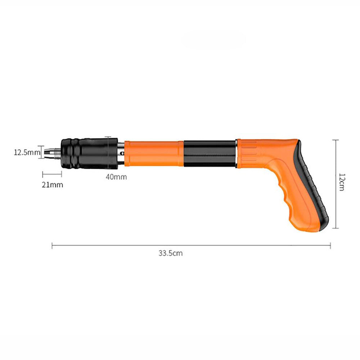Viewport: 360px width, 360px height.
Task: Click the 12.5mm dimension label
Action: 27,152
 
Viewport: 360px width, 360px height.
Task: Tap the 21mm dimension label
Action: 52,185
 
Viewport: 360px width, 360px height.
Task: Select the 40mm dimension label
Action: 116,177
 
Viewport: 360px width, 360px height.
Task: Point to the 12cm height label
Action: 342,182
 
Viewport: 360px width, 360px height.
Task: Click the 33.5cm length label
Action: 171,253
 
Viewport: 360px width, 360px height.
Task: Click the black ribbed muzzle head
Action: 89,153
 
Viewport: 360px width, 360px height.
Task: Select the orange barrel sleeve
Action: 154,153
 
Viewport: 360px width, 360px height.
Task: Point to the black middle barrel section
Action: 210,153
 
